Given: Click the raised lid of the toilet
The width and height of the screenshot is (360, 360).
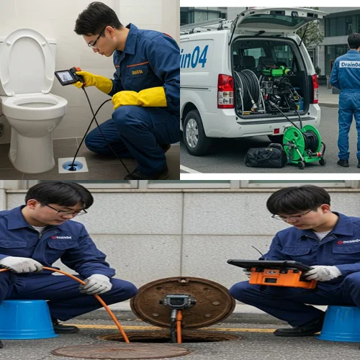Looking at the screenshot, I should (x=26, y=60).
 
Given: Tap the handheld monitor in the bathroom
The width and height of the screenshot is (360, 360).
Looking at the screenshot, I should (x=66, y=76).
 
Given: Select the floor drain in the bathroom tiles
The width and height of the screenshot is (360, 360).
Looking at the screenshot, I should (x=73, y=165).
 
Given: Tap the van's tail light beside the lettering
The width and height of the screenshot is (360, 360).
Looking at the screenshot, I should (x=225, y=90).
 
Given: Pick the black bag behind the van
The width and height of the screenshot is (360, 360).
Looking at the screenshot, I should (x=265, y=156).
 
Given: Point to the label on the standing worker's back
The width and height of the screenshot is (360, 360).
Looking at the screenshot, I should (x=350, y=64).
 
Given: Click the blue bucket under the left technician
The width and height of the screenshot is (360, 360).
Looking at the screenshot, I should (x=27, y=320).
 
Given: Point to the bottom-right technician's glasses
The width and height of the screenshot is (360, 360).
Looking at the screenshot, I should (x=292, y=216).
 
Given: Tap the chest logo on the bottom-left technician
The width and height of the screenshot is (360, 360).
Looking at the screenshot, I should (x=61, y=237).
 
